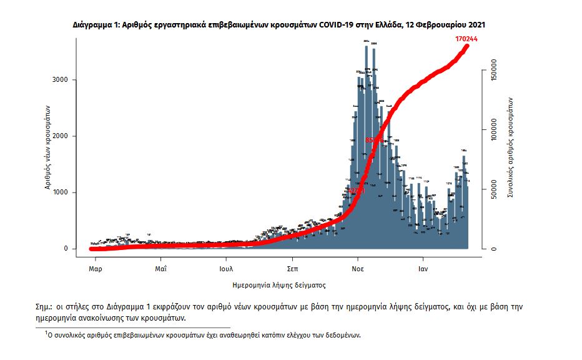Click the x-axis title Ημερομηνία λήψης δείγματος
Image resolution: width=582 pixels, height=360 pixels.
tap(279, 285)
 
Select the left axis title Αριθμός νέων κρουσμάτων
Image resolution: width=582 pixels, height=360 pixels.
tap(47, 147)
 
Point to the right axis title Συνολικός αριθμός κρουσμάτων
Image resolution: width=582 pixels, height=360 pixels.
tap(510, 147)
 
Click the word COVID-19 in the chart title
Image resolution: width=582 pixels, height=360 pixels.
tap(338, 25)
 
